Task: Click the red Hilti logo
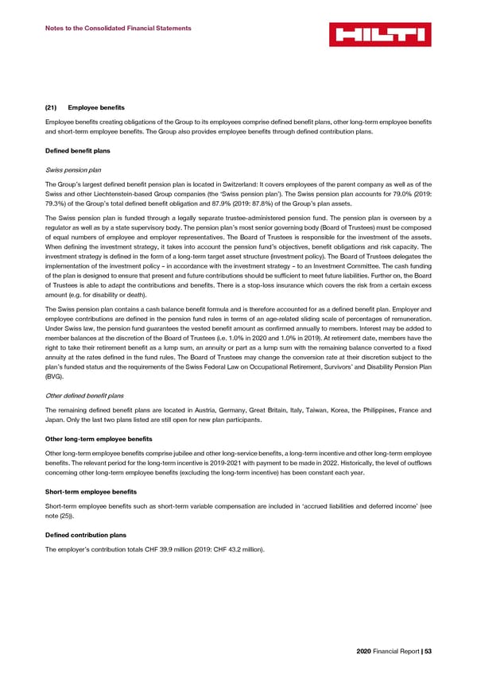(x=379, y=33)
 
